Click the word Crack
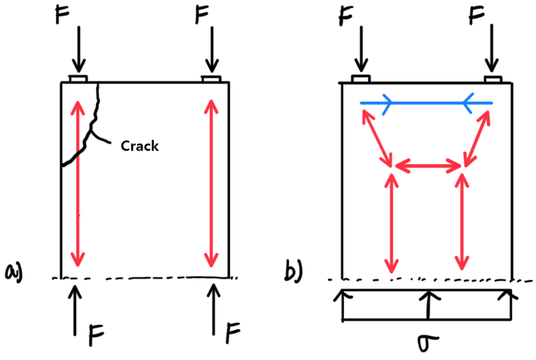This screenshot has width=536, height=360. (x=139, y=146)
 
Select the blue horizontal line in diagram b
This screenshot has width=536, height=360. (x=426, y=103)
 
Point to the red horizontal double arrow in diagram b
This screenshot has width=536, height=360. (x=428, y=165)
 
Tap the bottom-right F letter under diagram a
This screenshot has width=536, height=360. (x=232, y=333)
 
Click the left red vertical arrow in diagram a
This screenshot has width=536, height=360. (x=77, y=182)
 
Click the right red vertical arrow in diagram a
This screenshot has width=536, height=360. (x=211, y=182)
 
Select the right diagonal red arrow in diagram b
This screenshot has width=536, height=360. (x=477, y=138)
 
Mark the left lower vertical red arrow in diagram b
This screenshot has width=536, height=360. (x=391, y=223)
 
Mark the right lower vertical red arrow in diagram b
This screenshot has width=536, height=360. (x=463, y=223)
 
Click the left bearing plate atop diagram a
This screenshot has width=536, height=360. (x=78, y=78)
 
